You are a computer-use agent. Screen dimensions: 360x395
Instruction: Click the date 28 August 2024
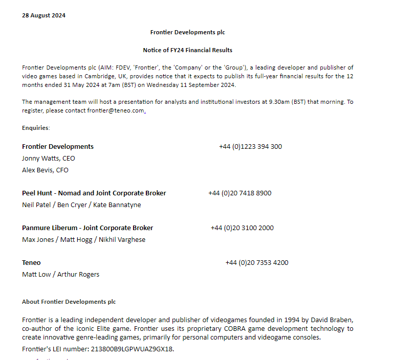coord(43,15)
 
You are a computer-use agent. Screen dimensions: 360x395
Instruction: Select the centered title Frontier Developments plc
coord(187,32)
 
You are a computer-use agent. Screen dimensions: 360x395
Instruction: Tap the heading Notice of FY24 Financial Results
coord(187,50)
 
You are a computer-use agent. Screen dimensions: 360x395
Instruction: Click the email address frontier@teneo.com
coord(116,110)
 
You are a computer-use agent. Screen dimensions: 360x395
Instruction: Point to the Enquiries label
coord(36,128)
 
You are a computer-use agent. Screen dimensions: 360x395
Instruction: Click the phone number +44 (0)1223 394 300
coord(250,147)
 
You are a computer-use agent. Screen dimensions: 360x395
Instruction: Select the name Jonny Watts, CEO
coord(48,159)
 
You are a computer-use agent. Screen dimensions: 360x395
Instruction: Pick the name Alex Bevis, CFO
coord(45,170)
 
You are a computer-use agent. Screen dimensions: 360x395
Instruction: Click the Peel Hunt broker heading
coord(94,193)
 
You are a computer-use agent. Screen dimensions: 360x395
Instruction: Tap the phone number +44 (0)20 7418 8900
coord(239,193)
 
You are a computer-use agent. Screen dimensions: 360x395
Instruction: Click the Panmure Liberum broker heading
coord(87,228)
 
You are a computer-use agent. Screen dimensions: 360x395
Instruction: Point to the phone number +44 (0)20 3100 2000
coord(242,228)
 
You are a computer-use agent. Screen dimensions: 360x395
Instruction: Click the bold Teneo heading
coord(31,263)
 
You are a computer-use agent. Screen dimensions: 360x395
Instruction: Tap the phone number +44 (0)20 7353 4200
coord(256,263)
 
